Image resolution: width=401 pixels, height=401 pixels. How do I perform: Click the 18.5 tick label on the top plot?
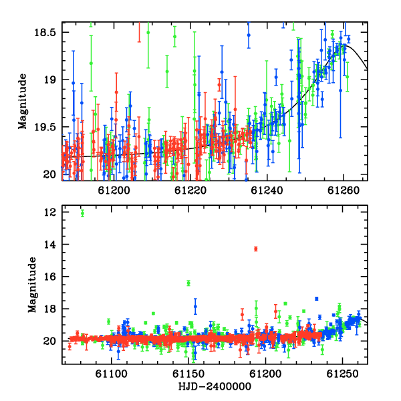(x=45, y=33)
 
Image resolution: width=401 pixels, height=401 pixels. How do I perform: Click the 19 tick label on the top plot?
(x=49, y=80)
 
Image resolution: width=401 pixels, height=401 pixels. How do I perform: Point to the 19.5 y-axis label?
(x=45, y=127)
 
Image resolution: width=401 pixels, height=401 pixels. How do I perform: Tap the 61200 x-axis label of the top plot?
(x=114, y=190)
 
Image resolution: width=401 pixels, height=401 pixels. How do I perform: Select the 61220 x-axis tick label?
(x=190, y=190)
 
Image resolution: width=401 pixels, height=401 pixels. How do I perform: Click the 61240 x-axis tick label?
(x=267, y=190)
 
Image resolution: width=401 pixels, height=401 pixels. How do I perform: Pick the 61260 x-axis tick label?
(x=344, y=190)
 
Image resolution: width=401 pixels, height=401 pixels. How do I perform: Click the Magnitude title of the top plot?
(x=23, y=102)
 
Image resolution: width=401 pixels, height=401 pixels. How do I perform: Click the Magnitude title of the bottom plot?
(x=32, y=285)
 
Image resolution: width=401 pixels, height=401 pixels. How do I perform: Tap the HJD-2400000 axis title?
(x=215, y=386)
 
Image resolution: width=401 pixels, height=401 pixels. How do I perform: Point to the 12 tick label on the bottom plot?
(x=49, y=213)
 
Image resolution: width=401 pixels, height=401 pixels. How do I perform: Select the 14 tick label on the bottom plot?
(x=49, y=245)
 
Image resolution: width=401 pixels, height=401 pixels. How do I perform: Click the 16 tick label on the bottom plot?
(x=49, y=277)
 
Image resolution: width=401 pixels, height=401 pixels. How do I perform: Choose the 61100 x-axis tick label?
(x=111, y=374)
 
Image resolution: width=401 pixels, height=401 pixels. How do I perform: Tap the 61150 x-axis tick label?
(x=188, y=374)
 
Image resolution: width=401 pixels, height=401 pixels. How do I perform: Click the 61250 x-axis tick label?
(x=343, y=374)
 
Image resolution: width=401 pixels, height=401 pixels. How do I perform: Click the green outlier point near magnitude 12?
(x=82, y=213)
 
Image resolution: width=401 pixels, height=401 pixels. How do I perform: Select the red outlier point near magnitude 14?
(x=255, y=249)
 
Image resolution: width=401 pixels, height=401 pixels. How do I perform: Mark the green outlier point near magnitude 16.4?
(x=188, y=283)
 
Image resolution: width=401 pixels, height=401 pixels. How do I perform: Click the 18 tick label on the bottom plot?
(x=49, y=309)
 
